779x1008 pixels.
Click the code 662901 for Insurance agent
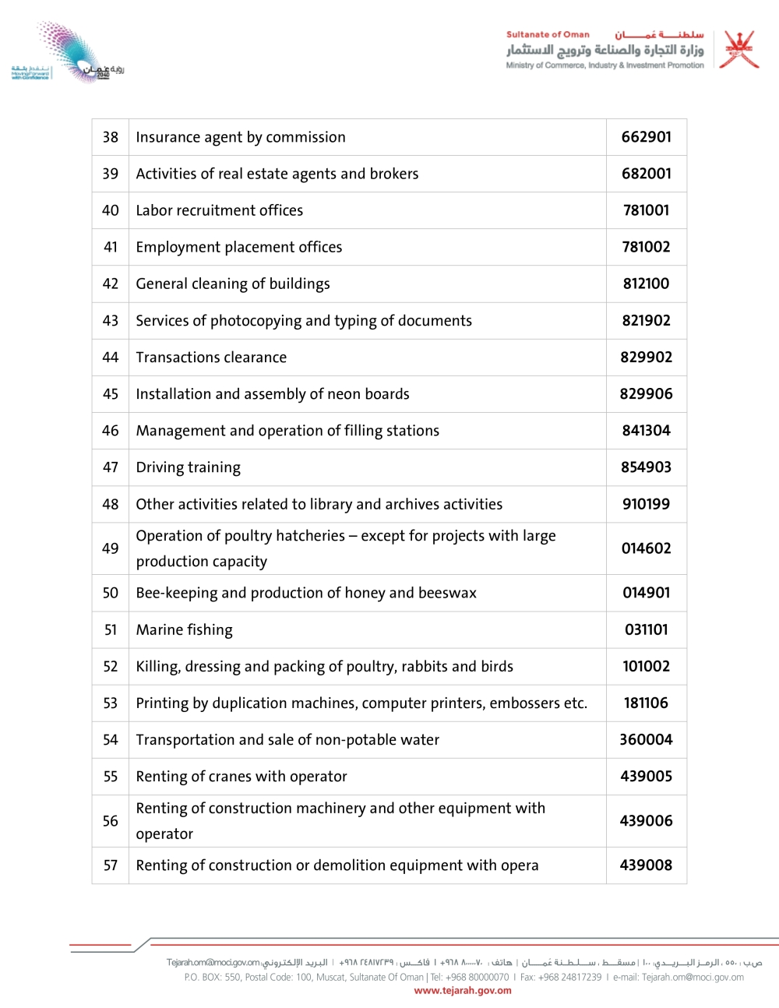coord(646,137)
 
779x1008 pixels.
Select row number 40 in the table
coord(111,210)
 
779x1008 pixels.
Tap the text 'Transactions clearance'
coord(211,358)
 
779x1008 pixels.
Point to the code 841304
coord(646,431)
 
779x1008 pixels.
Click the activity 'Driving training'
coord(188,467)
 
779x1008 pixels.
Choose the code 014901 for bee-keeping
coord(646,593)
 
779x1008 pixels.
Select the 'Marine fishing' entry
coord(184,629)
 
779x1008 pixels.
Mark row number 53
coord(111,703)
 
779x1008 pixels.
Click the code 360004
coord(646,740)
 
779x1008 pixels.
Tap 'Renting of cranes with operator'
coord(241,777)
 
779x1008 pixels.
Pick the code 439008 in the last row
coord(646,865)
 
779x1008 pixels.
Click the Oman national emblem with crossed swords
coord(738,50)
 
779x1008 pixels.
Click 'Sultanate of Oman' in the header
coord(548,34)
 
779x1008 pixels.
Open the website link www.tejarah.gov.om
coord(463,991)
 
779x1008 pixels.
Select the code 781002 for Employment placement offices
coord(646,247)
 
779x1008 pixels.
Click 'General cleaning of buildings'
coord(233,284)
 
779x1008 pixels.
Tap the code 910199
coord(646,504)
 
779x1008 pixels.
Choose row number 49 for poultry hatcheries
coord(111,548)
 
